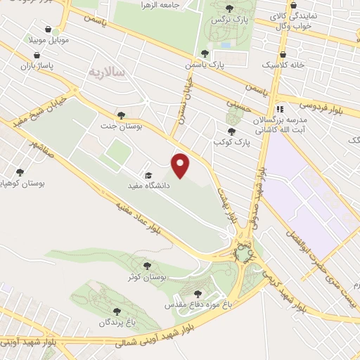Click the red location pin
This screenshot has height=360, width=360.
tap(181, 165)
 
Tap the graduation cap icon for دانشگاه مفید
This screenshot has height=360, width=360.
tap(148, 175)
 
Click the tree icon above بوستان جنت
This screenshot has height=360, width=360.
tap(121, 115)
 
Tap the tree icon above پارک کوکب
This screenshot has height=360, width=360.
tap(231, 131)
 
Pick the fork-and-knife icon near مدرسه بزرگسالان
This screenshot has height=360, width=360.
tap(279, 109)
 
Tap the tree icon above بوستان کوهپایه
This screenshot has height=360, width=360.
tap(19, 172)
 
